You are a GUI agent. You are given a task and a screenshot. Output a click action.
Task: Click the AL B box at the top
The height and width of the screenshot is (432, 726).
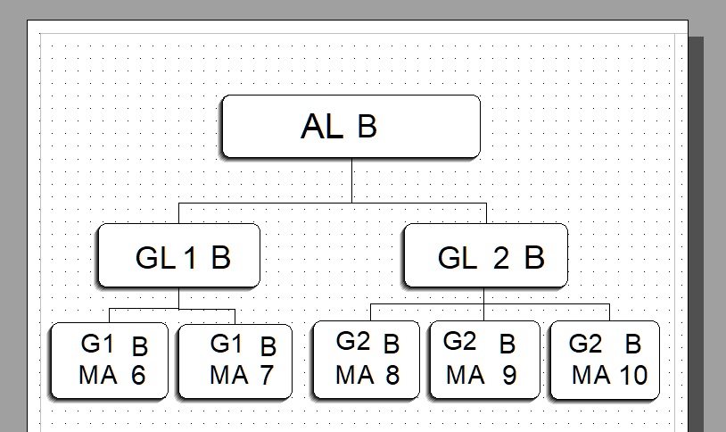tap(351, 126)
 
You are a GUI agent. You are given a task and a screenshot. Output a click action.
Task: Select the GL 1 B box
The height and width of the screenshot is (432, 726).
tap(178, 256)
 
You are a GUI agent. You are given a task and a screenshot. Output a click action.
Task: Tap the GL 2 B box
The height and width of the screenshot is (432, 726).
tap(485, 256)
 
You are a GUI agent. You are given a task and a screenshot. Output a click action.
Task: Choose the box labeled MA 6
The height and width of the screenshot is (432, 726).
tap(110, 361)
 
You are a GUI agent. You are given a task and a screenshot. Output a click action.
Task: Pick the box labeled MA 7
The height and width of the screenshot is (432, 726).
tap(235, 361)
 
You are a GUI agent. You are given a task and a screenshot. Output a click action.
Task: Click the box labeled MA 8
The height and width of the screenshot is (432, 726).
tap(366, 359)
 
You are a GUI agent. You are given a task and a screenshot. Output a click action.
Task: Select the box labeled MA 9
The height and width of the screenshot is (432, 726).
tap(484, 359)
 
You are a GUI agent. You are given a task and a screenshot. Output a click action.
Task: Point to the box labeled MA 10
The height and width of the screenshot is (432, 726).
tap(605, 359)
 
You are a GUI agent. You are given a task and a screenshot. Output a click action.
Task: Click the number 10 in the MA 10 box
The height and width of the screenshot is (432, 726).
tap(632, 375)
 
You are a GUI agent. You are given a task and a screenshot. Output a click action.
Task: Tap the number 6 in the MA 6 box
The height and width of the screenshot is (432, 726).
tap(137, 376)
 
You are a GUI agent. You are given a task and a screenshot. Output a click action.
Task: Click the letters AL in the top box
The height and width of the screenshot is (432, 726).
tap(322, 127)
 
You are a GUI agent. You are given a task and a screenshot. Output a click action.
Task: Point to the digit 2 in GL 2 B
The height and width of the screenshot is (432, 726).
tap(501, 259)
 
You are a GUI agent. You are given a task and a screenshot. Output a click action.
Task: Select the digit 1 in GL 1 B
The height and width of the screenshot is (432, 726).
tap(190, 259)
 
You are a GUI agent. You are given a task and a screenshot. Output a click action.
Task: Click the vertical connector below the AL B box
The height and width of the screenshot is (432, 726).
tap(351, 180)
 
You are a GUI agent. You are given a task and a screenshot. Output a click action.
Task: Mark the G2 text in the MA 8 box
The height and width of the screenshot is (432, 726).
tap(351, 341)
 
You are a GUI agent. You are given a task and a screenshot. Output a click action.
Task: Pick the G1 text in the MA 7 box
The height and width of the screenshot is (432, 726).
tap(226, 344)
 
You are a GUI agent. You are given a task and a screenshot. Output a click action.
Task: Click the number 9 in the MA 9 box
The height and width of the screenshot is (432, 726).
tap(509, 375)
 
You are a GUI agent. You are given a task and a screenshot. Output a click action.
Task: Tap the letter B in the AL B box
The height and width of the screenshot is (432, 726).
tap(367, 128)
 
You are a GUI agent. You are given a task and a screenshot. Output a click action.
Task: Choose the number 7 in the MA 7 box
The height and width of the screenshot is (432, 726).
tap(266, 376)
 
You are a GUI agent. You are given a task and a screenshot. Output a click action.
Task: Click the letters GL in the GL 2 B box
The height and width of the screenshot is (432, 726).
tap(457, 259)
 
